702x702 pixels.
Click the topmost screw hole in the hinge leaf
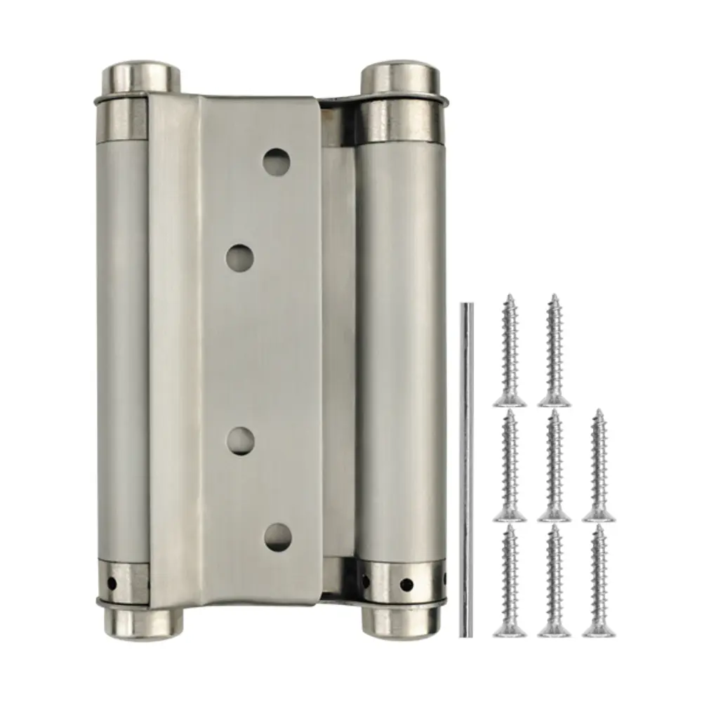[277, 162]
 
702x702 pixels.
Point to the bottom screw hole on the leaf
[277, 536]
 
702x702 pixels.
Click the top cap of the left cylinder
[140, 76]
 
